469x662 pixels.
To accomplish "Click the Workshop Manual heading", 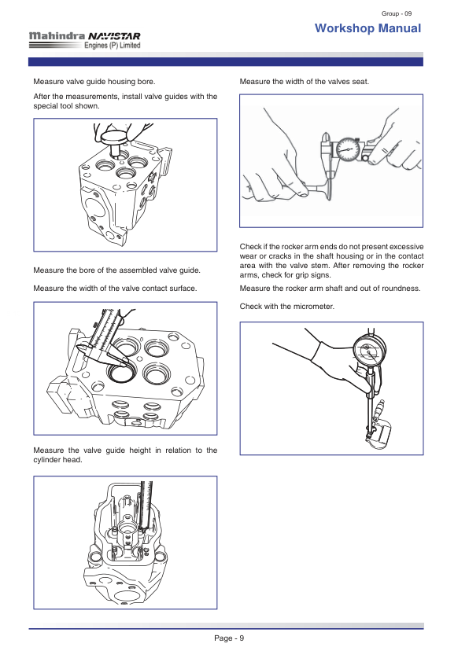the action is (x=367, y=28).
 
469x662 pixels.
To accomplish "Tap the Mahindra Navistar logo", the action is (x=84, y=40).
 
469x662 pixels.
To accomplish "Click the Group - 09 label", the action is (x=397, y=13).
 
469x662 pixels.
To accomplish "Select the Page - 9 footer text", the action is (x=229, y=638).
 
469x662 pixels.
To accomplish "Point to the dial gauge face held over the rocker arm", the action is (x=369, y=351).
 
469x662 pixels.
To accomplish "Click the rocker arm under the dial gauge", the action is (x=379, y=435).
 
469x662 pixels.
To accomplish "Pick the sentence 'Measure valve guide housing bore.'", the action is (x=94, y=82).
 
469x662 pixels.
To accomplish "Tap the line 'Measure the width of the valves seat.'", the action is (x=305, y=82).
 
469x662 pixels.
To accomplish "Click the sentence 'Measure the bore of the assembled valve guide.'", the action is (x=117, y=270).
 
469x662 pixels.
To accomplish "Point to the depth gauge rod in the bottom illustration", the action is (x=147, y=505).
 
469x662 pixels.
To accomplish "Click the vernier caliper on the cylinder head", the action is (x=105, y=338).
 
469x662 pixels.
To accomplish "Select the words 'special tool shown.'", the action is (x=66, y=106).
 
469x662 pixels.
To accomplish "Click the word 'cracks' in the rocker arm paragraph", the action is (x=283, y=256).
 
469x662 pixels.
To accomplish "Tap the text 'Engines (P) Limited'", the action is (x=113, y=46).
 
